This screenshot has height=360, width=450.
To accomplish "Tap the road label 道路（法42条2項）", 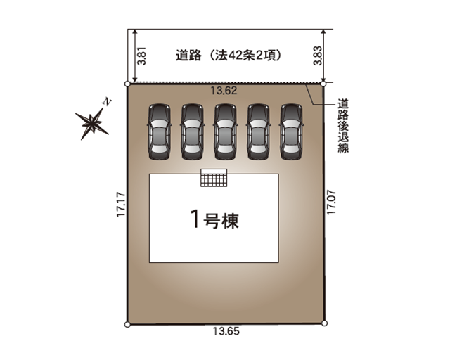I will (x=229, y=56).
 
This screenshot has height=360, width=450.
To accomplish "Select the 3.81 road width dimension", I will (x=141, y=56).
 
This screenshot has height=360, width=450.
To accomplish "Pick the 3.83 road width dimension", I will (x=317, y=56).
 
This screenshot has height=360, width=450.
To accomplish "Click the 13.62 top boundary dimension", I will (x=224, y=90).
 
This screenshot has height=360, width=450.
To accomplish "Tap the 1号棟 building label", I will (x=214, y=220).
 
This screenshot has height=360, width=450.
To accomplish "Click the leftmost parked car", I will (x=158, y=132).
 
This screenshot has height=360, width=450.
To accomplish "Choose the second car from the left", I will (x=191, y=132).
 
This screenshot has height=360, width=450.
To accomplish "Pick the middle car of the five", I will (x=224, y=132).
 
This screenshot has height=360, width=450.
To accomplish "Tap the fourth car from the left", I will (x=257, y=132).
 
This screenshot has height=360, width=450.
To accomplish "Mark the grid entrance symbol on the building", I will (x=214, y=179).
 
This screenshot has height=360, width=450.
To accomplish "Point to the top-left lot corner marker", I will (x=127, y=84).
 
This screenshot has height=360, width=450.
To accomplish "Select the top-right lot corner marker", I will (x=323, y=84).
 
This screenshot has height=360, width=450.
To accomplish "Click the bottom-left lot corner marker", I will (x=127, y=324).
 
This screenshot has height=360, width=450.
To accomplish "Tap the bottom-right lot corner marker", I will (x=324, y=324).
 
